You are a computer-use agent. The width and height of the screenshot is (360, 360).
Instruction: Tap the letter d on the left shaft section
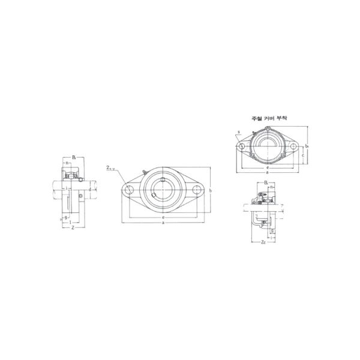pos(89,190)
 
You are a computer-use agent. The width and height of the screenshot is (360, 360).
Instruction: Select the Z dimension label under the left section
pos(72,228)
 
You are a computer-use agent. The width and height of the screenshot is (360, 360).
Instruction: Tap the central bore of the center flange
pos(163,190)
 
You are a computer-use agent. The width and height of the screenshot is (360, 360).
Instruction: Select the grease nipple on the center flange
pos(144,173)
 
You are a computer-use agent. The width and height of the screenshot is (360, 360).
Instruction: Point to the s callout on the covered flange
pos(238,131)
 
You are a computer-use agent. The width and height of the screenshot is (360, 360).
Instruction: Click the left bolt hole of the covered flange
pos(241,146)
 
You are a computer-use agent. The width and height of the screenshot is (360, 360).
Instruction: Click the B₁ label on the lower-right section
pos(266,182)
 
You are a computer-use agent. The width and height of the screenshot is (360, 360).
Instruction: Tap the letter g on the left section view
pos(66,217)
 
